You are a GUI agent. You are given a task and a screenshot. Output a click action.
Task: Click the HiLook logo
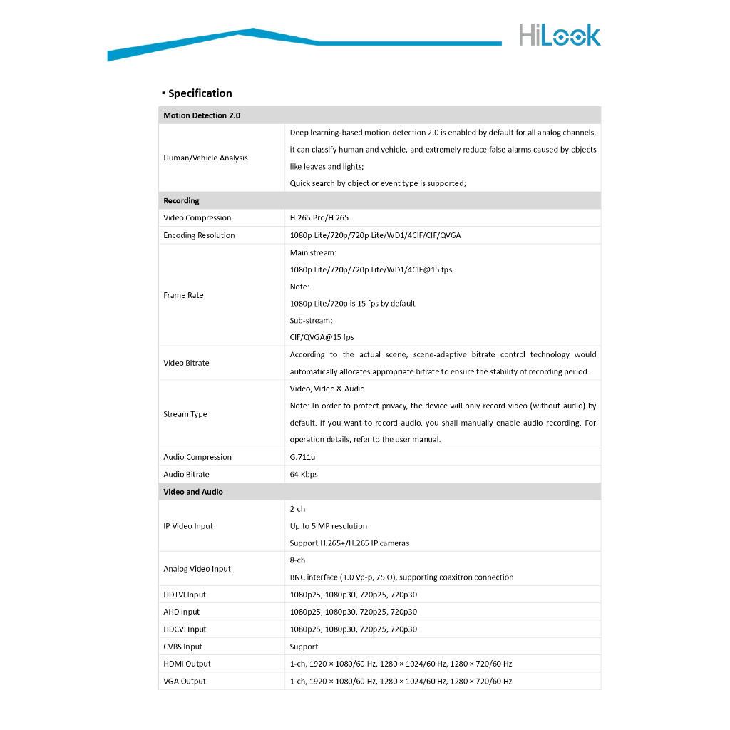click(x=559, y=35)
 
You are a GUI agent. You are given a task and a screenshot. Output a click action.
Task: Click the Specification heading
click(x=200, y=93)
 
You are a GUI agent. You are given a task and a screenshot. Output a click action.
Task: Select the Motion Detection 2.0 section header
click(x=202, y=115)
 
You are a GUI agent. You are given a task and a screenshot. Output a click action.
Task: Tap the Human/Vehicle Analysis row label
click(x=205, y=158)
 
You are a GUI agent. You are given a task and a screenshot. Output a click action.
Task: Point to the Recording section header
click(x=181, y=201)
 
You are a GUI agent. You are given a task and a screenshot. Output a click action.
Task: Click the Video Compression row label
click(x=197, y=218)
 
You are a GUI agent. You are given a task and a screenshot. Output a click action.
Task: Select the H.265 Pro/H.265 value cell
click(x=319, y=218)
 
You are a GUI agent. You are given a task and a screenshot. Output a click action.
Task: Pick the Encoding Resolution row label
click(x=199, y=235)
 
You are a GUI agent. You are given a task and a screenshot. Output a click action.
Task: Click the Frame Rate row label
click(x=183, y=295)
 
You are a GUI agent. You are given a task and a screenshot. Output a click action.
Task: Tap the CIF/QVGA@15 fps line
click(x=322, y=337)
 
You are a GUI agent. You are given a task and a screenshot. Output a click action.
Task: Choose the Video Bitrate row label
click(x=186, y=363)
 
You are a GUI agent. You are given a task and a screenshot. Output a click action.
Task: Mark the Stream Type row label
click(x=185, y=414)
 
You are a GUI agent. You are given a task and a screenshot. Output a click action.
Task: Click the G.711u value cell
click(x=302, y=457)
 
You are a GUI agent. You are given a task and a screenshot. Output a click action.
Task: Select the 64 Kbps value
click(x=304, y=475)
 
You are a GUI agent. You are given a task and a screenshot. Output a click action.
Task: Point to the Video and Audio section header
click(x=192, y=492)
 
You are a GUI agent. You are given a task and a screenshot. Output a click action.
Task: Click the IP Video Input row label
click(x=188, y=526)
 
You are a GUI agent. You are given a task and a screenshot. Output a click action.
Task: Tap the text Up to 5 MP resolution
click(x=328, y=526)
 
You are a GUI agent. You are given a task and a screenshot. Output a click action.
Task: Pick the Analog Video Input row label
click(x=197, y=569)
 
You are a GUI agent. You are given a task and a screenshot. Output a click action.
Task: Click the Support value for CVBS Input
click(x=304, y=647)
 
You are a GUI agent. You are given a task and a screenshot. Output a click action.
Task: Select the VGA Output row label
click(x=184, y=682)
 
